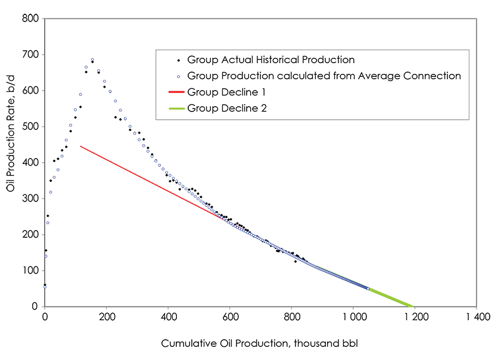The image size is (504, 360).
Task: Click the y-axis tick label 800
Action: click(32, 19)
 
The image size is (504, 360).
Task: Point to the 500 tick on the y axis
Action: click(32, 127)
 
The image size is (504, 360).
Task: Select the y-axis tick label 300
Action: click(32, 198)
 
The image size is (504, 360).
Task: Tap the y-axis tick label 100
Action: click(32, 271)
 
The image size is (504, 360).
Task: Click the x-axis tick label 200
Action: click(106, 317)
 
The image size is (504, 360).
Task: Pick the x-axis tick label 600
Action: click(230, 317)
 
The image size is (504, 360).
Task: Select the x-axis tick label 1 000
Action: click(353, 317)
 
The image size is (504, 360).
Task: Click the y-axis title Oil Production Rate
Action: click(10, 163)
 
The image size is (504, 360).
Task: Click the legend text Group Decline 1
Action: click(226, 92)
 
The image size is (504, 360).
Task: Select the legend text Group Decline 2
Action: click(227, 108)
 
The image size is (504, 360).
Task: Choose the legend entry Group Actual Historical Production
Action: click(270, 60)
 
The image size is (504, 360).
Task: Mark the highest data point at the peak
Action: click(92, 60)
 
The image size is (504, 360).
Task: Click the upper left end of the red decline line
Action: click(80, 146)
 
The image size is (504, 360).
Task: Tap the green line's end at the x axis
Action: click(412, 306)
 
